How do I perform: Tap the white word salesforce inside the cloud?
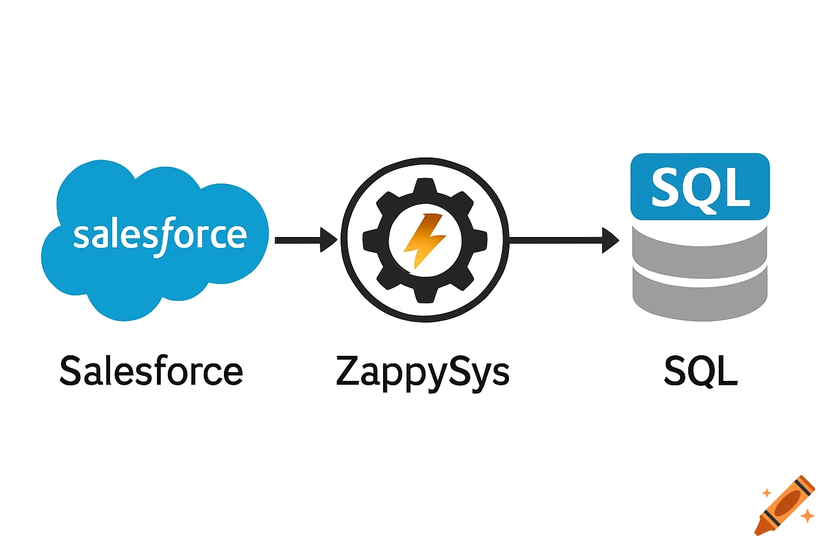click(x=160, y=235)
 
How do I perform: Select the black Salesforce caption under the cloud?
click(x=151, y=372)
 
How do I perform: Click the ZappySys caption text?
click(x=422, y=373)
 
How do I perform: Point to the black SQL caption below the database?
click(x=701, y=372)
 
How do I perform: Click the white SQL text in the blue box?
click(x=700, y=187)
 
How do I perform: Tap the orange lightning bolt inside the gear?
click(x=424, y=240)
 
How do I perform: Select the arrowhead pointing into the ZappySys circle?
click(x=329, y=240)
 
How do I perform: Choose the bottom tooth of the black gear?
click(x=425, y=294)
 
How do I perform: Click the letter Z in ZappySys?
click(x=349, y=371)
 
